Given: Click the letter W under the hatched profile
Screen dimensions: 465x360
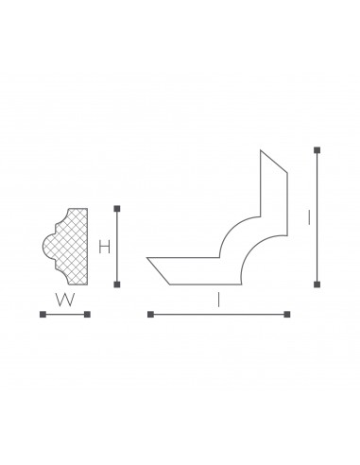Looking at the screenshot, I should [x=64, y=300].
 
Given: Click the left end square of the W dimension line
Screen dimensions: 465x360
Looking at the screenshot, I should [x=43, y=314].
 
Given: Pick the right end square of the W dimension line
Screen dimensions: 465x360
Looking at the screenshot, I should [x=87, y=314].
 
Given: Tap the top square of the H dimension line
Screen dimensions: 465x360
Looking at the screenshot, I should [x=117, y=208].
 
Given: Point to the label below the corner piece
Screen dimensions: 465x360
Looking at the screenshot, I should [x=218, y=300].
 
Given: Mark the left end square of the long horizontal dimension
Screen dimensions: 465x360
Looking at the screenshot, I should [x=148, y=314].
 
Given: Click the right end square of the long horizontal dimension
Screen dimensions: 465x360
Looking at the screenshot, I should [x=288, y=314].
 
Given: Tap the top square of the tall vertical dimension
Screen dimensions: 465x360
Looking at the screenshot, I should [x=317, y=148].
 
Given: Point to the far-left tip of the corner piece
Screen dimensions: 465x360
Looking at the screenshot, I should [x=149, y=257].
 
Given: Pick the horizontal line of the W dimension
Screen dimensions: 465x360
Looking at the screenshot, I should [x=64, y=314].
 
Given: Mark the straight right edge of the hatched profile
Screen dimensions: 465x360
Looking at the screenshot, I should [x=88, y=247].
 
